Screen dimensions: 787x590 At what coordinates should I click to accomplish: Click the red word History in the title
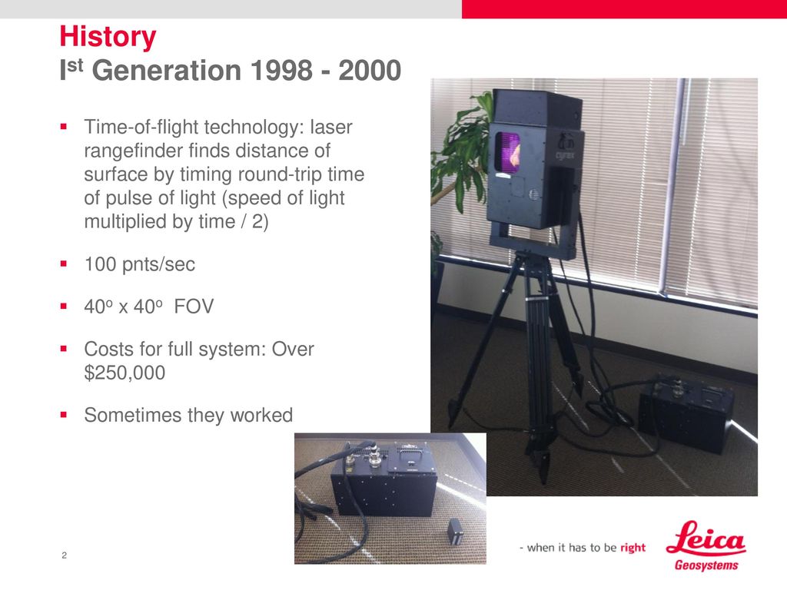tap(108, 37)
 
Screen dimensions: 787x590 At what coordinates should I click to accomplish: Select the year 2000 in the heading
tap(370, 70)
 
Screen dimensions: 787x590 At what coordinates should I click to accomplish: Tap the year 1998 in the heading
tap(281, 70)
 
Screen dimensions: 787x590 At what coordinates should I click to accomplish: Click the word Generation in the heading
tap(167, 70)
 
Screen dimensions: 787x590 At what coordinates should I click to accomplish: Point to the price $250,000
tap(125, 373)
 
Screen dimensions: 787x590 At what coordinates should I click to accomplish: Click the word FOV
tap(194, 306)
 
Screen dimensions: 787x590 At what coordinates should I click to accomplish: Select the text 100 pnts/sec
tap(140, 264)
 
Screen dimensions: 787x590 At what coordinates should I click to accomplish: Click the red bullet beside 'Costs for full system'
tap(63, 348)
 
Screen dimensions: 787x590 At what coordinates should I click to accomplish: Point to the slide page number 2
tap(65, 555)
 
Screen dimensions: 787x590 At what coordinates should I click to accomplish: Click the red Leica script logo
tap(706, 538)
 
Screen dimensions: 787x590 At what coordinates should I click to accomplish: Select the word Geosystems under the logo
tap(706, 565)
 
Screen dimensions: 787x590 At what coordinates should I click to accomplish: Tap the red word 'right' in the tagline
tap(633, 548)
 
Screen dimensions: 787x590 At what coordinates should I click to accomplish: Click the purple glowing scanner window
tap(507, 152)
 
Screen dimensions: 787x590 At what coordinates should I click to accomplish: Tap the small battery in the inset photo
tap(455, 533)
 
